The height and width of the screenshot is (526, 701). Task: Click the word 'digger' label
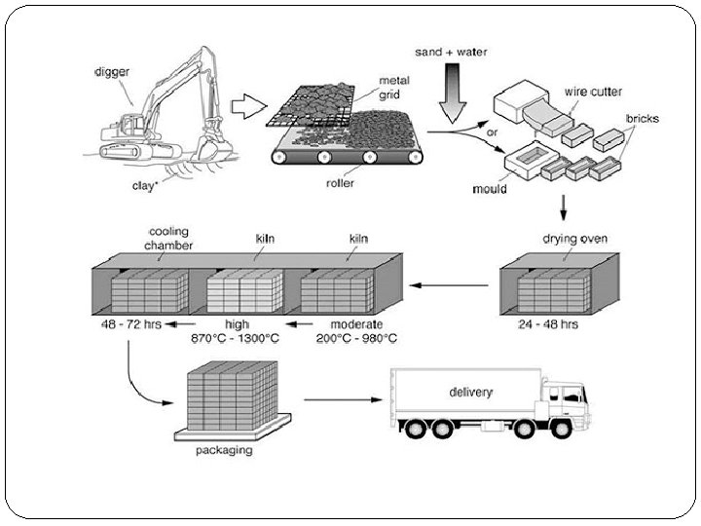pyautogui.click(x=113, y=70)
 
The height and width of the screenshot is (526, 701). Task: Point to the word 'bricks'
pyautogui.click(x=643, y=119)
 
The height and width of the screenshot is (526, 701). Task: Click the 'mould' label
pyautogui.click(x=490, y=189)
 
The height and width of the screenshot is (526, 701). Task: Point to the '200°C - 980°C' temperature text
pyautogui.click(x=356, y=338)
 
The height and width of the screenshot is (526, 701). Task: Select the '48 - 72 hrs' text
pyautogui.click(x=136, y=324)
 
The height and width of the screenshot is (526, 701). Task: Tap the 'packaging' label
pyautogui.click(x=223, y=450)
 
